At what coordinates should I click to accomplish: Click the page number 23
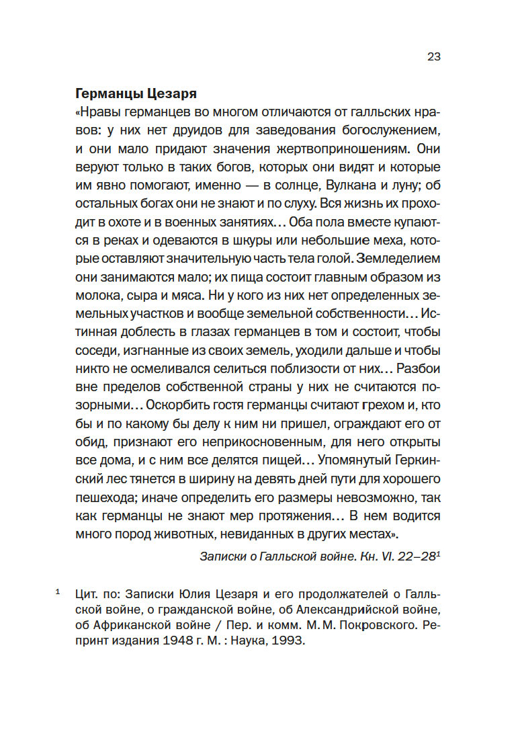point(433,56)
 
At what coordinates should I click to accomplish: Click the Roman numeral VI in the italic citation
point(384,557)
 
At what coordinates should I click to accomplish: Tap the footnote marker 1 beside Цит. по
point(58,593)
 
